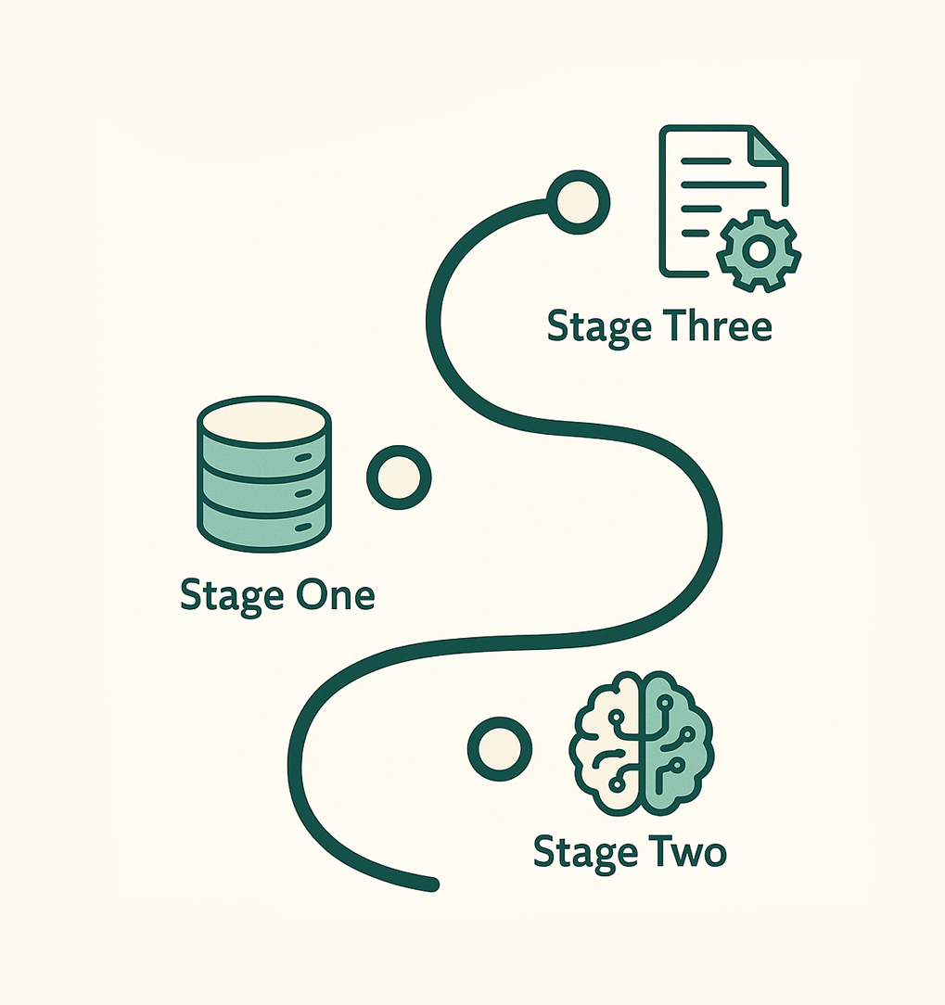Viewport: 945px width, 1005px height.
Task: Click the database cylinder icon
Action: pos(264,476)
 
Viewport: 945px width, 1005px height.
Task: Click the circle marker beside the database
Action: pos(400,477)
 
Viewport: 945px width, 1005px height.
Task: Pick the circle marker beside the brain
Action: pos(499,748)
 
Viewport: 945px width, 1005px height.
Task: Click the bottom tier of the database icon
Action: pos(264,528)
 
